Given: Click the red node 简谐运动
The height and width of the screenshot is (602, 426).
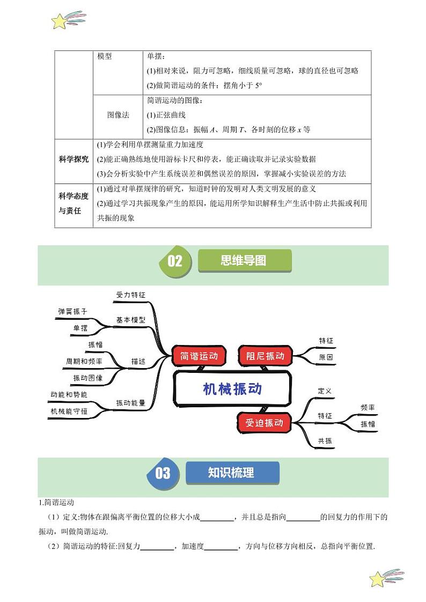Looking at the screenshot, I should click(199, 356).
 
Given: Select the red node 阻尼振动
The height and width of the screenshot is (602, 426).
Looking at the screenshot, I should click(265, 356).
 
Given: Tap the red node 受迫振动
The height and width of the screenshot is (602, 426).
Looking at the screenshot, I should click(264, 423).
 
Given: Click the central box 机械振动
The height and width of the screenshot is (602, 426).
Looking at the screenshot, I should click(232, 389).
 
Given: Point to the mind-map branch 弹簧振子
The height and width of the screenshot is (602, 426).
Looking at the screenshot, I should click(72, 311).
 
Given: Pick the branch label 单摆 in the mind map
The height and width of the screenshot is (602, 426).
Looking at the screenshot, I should click(80, 328).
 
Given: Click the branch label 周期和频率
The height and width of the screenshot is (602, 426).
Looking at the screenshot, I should click(84, 362).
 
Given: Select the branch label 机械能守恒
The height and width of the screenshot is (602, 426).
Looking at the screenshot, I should click(69, 411).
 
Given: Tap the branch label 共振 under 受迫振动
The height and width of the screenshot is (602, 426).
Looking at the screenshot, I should click(325, 441).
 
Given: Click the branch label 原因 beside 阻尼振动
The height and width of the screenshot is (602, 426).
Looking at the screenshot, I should click(326, 357).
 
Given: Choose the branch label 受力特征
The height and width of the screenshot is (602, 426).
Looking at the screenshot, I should click(130, 295).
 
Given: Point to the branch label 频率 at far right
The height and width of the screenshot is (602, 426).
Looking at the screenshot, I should click(368, 407).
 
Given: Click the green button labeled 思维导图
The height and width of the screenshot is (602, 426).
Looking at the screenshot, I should click(244, 261).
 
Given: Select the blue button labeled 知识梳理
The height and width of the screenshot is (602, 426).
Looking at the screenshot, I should click(231, 473).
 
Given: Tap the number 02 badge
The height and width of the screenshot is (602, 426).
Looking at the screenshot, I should click(175, 261).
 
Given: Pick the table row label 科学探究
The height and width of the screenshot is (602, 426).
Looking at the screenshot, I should click(74, 159).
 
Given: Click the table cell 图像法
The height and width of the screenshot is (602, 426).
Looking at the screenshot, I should click(118, 115).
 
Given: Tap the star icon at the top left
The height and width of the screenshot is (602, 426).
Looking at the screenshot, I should click(61, 21).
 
